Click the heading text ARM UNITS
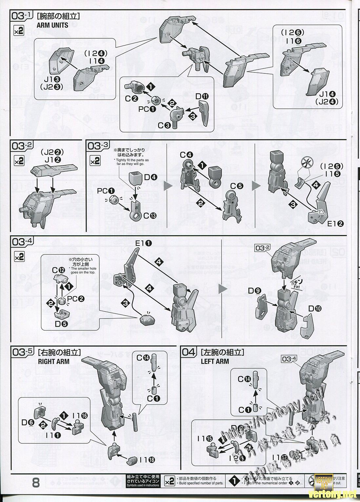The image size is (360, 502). tap(53, 25)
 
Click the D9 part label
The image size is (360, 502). tap(253, 290)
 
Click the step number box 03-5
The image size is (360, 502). tap(23, 352)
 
